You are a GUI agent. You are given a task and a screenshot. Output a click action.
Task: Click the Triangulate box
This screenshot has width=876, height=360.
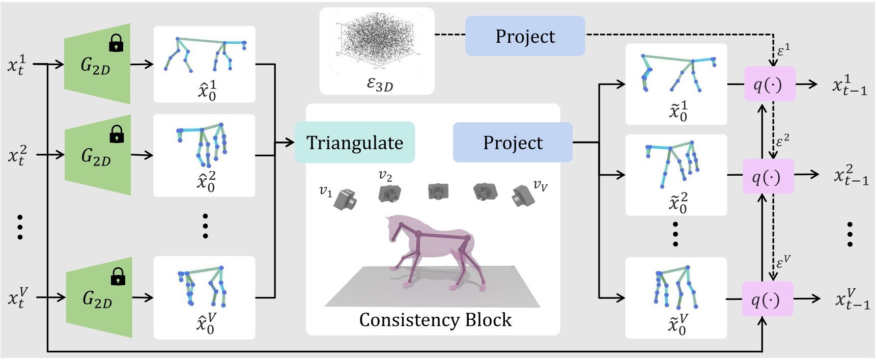tap(355, 143)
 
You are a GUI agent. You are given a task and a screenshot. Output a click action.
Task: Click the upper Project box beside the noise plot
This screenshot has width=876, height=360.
tap(525, 36)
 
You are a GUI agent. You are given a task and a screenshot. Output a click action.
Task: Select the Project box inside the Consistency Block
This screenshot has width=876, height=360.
tap(513, 143)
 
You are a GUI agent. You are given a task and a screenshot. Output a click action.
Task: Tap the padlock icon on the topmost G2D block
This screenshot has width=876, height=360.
tap(117, 43)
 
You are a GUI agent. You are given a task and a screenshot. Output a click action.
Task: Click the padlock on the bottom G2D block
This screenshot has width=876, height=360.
tap(118, 276)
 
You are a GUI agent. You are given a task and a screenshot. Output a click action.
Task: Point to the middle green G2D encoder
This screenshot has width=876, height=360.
tap(97, 155)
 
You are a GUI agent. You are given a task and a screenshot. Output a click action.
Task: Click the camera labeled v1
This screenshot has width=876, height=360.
tap(346, 199)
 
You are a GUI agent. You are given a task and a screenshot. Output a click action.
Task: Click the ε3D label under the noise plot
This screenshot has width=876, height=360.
tap(380, 84)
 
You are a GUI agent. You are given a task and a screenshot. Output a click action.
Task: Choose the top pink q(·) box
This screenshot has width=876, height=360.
tap(769, 84)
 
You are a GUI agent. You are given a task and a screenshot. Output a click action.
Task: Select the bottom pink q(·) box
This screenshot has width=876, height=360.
tap(767, 299)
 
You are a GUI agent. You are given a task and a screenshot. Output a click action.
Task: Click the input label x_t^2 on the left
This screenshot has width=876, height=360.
tap(17, 155)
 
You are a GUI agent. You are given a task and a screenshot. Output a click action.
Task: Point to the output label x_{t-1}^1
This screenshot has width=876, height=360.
tap(849, 85)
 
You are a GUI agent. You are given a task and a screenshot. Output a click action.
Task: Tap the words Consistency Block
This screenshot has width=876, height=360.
tap(435, 320)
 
